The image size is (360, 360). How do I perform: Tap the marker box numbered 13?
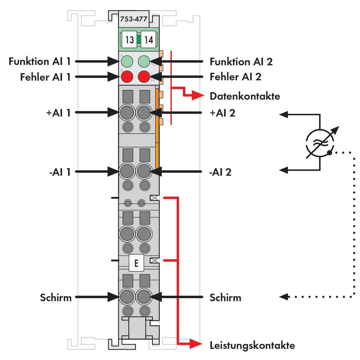tap(129, 40)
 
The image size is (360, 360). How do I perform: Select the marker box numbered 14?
tap(149, 40)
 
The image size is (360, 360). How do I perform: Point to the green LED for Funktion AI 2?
tap(145, 61)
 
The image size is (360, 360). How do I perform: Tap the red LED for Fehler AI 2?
tap(144, 77)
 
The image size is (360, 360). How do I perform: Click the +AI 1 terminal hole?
tap(127, 112)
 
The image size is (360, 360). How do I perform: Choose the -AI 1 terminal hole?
tap(127, 171)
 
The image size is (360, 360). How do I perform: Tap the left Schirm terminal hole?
tap(127, 297)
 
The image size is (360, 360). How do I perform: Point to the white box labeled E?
tap(136, 263)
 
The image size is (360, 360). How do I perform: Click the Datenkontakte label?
tap(245, 96)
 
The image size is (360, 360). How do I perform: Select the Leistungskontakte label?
tap(252, 345)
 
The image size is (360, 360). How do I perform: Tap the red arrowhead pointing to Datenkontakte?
tap(198, 96)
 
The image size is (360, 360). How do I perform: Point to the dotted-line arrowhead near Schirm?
tap(285, 297)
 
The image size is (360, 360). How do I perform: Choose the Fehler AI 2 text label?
tap(235, 77)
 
